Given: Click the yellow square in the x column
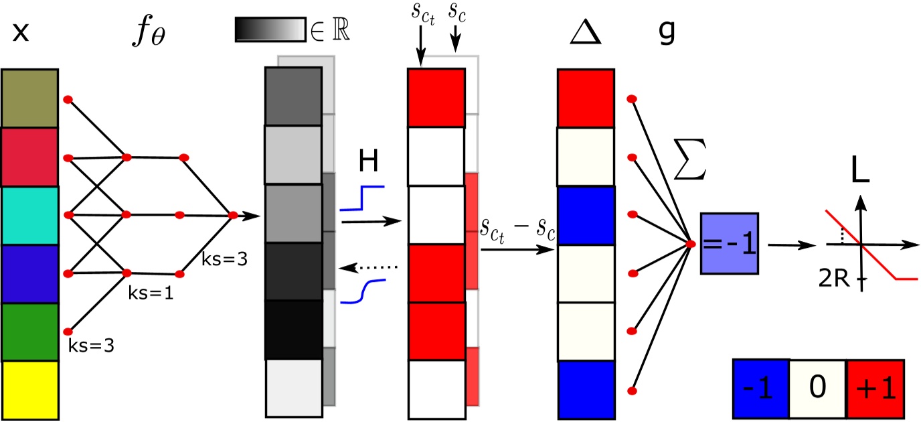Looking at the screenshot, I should click(30, 389).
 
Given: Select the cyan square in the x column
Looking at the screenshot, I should click(30, 215).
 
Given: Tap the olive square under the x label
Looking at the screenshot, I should click(30, 98).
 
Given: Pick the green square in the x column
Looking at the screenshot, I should click(30, 332).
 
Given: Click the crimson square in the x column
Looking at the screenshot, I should click(30, 157).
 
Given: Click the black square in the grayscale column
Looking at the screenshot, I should click(294, 330).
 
